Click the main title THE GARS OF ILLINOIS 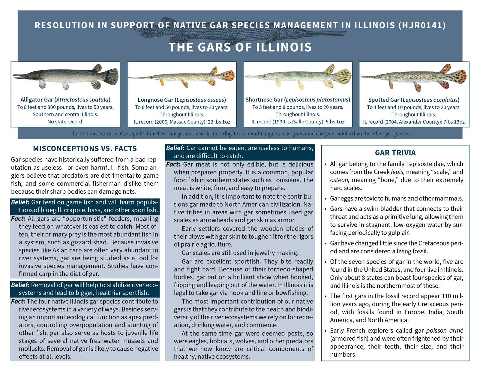point(240,47)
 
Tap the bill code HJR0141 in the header point(422,25)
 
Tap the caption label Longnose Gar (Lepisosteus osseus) point(181,100)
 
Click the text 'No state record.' point(65,122)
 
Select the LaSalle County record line point(298,122)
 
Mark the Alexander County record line point(414,122)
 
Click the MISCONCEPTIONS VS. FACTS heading point(85,149)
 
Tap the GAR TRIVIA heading point(395,153)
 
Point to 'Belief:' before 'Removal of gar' point(20,285)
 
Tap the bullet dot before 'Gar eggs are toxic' point(326,199)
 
